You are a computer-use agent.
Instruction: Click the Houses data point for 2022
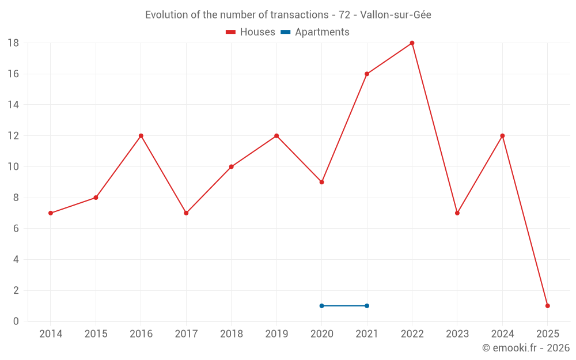(x=412, y=43)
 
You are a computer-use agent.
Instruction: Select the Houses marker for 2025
(x=547, y=306)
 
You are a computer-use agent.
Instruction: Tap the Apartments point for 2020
(x=321, y=306)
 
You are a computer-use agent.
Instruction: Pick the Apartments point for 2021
(x=367, y=306)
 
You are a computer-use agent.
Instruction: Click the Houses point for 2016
(x=141, y=136)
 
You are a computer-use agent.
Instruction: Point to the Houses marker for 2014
(x=51, y=213)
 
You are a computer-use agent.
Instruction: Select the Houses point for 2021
(x=367, y=74)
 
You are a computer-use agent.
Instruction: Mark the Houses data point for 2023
(x=457, y=213)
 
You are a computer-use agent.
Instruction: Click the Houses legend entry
(x=251, y=32)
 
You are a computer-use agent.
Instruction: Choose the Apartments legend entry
(x=315, y=32)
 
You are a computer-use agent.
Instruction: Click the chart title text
(x=288, y=15)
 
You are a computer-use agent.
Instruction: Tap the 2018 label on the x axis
(x=231, y=334)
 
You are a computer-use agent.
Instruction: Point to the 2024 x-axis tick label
(x=502, y=334)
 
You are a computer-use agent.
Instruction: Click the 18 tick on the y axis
(x=13, y=43)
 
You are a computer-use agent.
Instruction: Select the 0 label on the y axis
(x=16, y=321)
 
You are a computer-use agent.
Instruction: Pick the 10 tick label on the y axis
(x=13, y=167)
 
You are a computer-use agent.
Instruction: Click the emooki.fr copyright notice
(x=525, y=348)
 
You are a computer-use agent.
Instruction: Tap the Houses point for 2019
(x=276, y=136)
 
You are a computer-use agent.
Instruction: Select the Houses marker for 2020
(x=321, y=182)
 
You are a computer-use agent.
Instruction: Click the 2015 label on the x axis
(x=96, y=334)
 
